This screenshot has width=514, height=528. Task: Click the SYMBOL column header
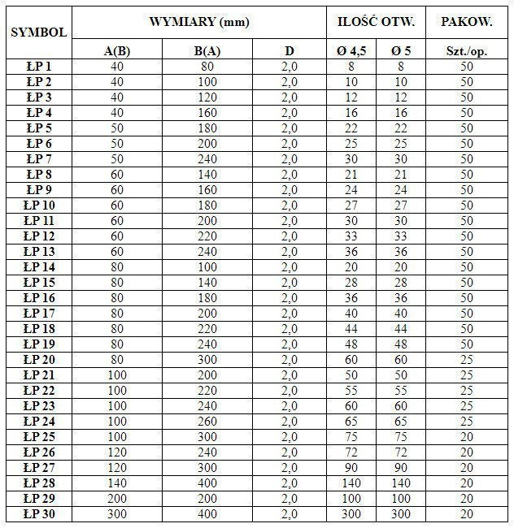click(37, 33)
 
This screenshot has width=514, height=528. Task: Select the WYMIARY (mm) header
click(199, 22)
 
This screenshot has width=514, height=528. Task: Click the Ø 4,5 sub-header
click(351, 51)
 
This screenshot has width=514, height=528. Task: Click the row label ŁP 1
click(38, 67)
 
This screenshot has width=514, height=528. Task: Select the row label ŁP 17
click(38, 313)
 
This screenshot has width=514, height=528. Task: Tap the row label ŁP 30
click(38, 513)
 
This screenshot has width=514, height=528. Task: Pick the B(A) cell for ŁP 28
click(208, 483)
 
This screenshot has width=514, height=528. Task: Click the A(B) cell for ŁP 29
click(118, 498)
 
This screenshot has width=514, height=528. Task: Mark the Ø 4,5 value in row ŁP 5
click(351, 128)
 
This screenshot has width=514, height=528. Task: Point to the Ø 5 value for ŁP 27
click(399, 467)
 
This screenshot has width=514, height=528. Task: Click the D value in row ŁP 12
click(290, 236)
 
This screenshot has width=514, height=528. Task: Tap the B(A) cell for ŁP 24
click(208, 421)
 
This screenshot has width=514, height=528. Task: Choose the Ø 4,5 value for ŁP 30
click(351, 513)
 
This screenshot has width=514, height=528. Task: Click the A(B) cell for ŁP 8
click(118, 174)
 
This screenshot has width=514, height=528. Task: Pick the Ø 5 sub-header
click(399, 51)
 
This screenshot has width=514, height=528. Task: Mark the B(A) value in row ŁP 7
click(208, 158)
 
